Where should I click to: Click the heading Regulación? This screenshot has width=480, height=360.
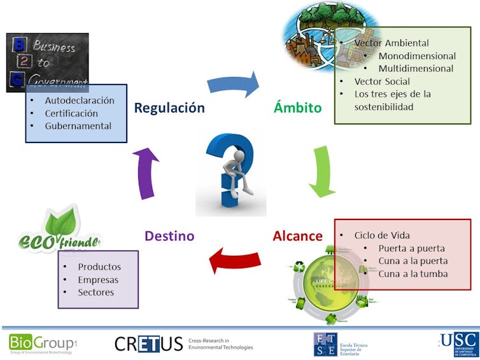point(169,107)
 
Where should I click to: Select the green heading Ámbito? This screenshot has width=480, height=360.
point(297,107)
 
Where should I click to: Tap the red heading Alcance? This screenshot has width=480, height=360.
point(297,236)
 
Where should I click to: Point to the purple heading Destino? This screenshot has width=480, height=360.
point(169,236)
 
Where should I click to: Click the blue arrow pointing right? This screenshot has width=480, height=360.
point(234,85)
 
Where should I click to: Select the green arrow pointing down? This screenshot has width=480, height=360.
point(322,170)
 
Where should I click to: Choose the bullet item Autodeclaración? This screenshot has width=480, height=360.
point(80,100)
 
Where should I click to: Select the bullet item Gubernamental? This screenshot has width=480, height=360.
point(78,126)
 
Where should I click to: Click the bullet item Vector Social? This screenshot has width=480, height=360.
point(382,81)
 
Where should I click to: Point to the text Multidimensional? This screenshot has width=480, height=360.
point(416,69)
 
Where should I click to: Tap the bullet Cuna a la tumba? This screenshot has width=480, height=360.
point(413,273)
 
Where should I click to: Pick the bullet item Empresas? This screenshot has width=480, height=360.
point(98,280)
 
